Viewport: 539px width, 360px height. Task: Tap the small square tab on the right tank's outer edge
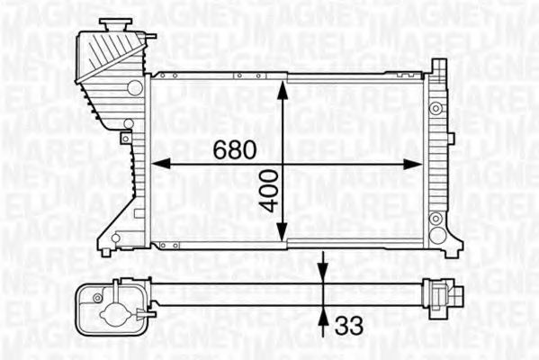coord(450,138)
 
